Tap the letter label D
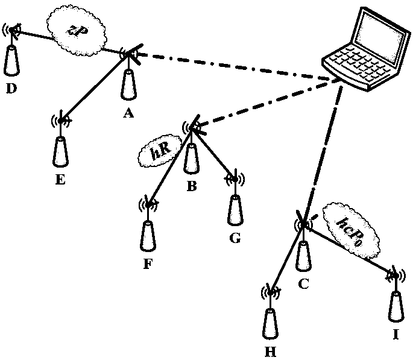[x=11, y=89]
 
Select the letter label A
[x=127, y=112]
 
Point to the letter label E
[x=60, y=178]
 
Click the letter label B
[x=192, y=186]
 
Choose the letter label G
[x=235, y=238]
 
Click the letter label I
[x=396, y=349]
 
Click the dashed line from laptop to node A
[x=229, y=65]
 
